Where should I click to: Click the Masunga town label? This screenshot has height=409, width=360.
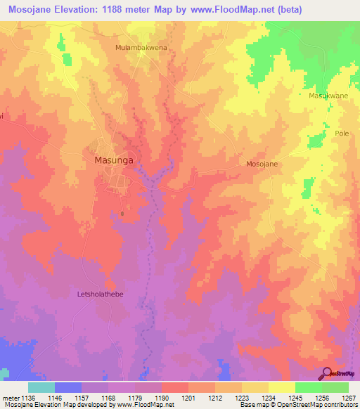point(113,160)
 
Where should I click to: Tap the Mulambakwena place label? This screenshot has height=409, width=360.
point(141,48)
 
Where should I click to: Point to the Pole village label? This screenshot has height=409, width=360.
point(342,134)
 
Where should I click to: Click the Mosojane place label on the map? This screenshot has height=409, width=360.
point(262,164)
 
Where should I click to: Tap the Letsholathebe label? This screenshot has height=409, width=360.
point(99,294)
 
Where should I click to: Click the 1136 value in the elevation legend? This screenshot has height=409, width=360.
point(28,398)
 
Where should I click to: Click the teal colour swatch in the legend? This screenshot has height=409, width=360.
point(41,387)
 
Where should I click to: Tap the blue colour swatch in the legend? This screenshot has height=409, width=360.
point(68,387)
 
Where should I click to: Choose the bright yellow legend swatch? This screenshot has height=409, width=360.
point(281,387)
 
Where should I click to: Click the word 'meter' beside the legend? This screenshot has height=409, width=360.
point(11,398)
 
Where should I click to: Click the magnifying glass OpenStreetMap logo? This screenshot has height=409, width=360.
point(328,373)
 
